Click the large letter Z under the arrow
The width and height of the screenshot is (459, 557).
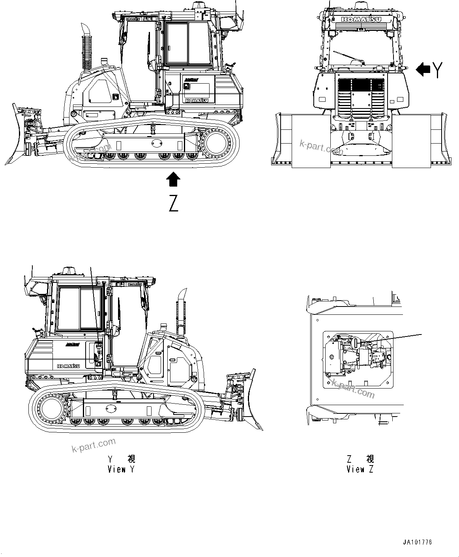coord(173,203)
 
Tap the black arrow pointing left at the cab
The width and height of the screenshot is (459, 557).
coord(423,70)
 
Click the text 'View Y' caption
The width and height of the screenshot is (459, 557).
coord(122,469)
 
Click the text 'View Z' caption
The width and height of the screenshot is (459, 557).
coord(360,469)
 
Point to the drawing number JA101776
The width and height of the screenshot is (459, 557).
coord(418,542)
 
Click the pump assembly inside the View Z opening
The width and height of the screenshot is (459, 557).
coord(355,353)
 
